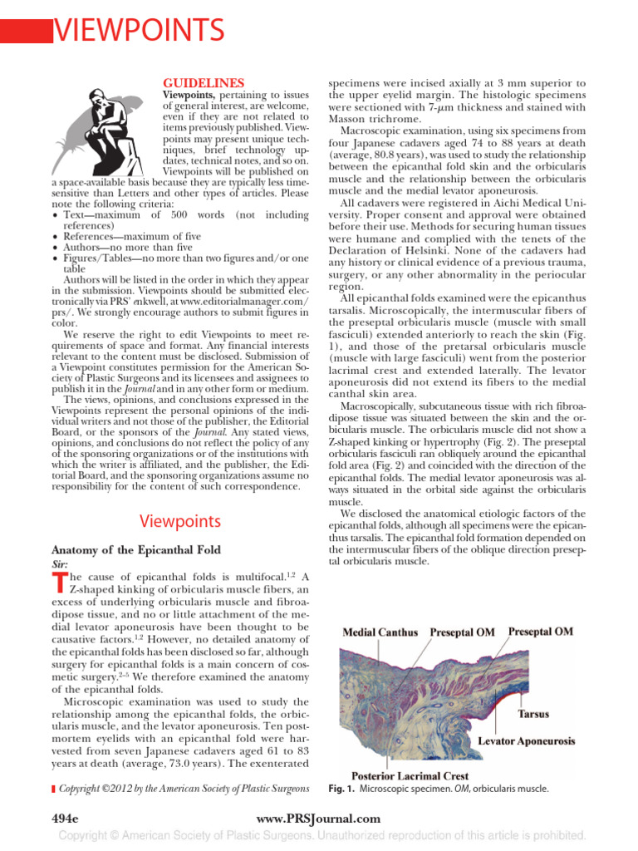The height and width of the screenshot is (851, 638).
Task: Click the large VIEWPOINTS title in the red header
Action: click(139, 31)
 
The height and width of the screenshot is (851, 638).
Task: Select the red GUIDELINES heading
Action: click(203, 83)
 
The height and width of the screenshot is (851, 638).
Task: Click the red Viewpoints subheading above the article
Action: click(179, 521)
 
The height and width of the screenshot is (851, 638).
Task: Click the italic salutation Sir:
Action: click(61, 563)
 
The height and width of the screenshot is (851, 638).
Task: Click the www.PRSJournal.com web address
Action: click(319, 819)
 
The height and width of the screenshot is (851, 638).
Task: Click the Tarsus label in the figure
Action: click(533, 713)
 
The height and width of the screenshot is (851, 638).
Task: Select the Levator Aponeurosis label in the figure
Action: click(525, 739)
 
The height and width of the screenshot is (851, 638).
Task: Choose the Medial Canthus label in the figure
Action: click(380, 632)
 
